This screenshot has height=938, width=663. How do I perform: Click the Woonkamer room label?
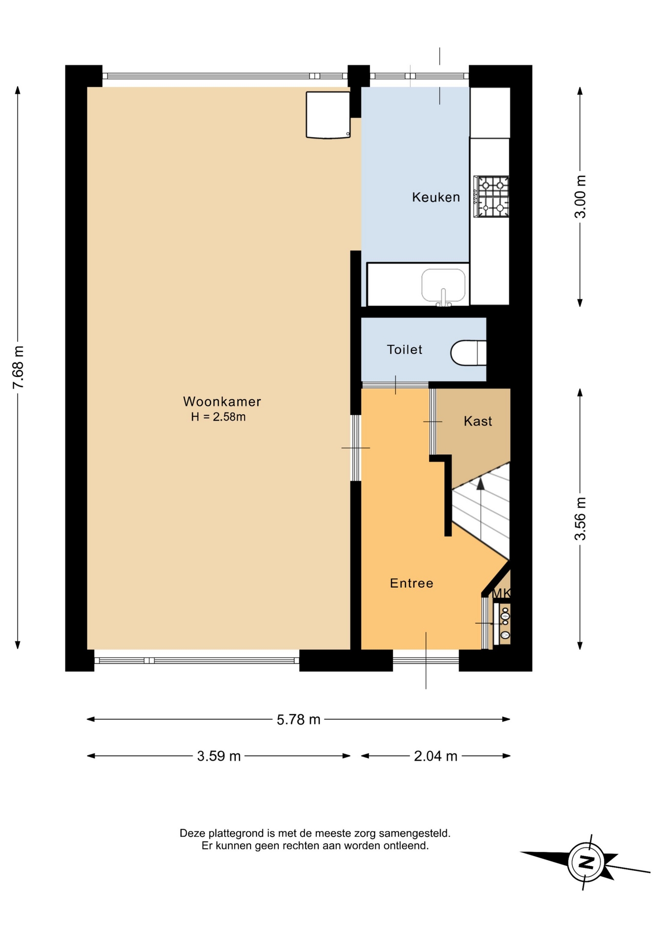pyautogui.click(x=222, y=402)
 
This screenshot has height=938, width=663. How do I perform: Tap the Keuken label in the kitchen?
pyautogui.click(x=436, y=197)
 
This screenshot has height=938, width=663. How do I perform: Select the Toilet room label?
pyautogui.click(x=405, y=350)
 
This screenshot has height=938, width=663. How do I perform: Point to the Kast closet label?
pyautogui.click(x=478, y=421)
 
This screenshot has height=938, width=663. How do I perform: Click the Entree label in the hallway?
pyautogui.click(x=412, y=583)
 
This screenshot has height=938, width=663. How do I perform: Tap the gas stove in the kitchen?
pyautogui.click(x=491, y=197)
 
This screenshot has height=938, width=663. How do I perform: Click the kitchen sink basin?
pyautogui.click(x=443, y=285)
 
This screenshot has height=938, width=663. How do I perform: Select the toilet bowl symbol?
pyautogui.click(x=468, y=353)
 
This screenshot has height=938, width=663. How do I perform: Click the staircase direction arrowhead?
pyautogui.click(x=480, y=484)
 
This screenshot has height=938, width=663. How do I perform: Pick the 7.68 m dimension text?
pyautogui.click(x=19, y=367)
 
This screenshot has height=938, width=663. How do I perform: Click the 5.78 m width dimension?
pyautogui.click(x=298, y=720)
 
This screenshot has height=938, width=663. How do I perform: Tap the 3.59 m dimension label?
pyautogui.click(x=219, y=756)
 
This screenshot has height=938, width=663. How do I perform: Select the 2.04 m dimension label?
pyautogui.click(x=435, y=756)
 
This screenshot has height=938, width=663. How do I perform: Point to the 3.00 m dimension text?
pyautogui.click(x=580, y=196)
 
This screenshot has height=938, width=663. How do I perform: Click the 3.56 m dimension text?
pyautogui.click(x=580, y=519)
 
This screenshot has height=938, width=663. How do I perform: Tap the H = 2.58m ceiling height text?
pyautogui.click(x=218, y=417)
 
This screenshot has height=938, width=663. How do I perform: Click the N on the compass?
pyautogui.click(x=586, y=862)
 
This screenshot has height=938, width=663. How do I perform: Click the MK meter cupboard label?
pyautogui.click(x=502, y=593)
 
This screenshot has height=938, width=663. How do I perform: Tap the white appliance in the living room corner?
pyautogui.click(x=328, y=115)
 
